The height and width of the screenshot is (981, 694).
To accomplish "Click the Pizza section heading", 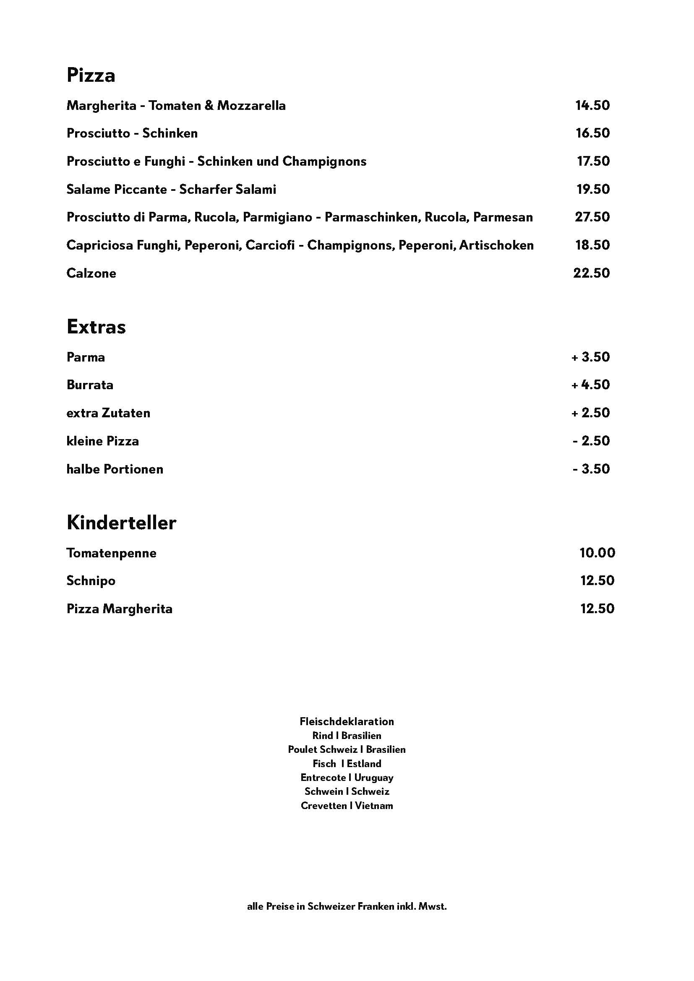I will [x=91, y=75].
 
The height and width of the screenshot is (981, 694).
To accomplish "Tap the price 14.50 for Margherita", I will [x=592, y=106].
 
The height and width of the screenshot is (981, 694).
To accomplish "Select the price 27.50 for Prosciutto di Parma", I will [x=592, y=217].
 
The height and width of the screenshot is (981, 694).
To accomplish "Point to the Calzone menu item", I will [x=91, y=273].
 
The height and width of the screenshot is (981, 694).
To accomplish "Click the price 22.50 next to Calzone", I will [x=592, y=273].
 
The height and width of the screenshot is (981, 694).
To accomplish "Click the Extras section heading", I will [x=96, y=327].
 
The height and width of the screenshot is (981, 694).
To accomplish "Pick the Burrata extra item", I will [x=90, y=385].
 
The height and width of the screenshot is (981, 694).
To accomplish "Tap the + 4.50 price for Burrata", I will [x=591, y=385].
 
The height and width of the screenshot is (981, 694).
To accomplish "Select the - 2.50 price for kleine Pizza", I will [x=591, y=441].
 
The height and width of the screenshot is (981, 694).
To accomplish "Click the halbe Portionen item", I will [x=115, y=469].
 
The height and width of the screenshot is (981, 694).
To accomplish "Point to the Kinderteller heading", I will [x=121, y=523].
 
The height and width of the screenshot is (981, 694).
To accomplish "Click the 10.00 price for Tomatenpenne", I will [x=597, y=553].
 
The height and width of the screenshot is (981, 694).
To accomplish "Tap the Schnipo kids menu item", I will [x=91, y=580].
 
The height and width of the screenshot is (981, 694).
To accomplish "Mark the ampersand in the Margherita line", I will [x=209, y=106].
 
